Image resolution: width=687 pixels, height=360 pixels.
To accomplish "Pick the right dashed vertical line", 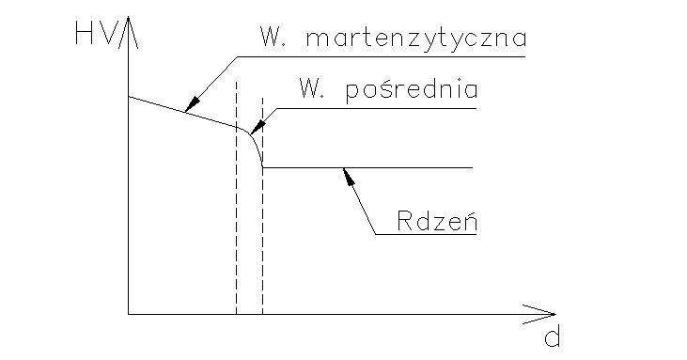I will tap(262, 244).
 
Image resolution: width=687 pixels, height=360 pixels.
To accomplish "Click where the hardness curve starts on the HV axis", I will tap(128, 97).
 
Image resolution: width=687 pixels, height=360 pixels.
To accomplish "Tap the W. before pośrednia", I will tap(310, 90).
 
